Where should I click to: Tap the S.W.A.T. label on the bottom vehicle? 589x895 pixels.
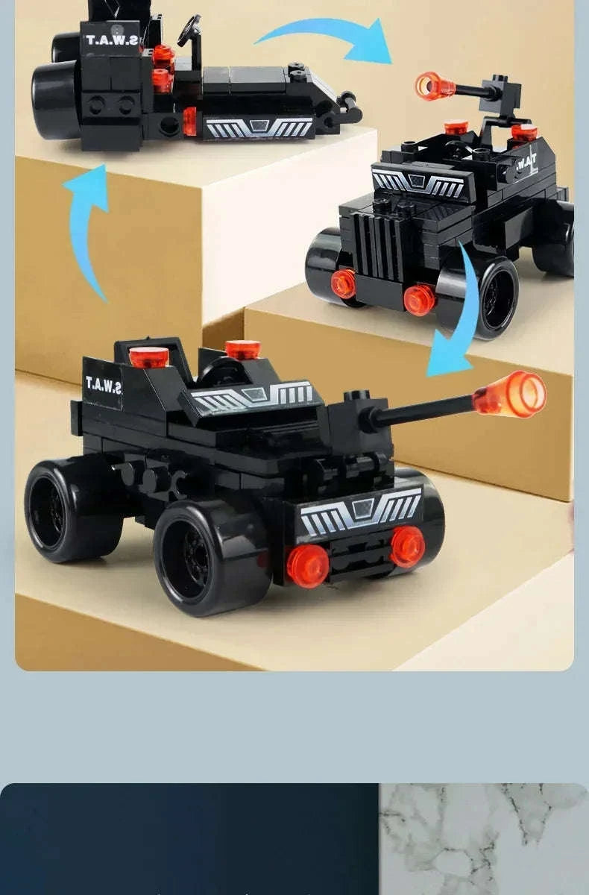pos(104,385)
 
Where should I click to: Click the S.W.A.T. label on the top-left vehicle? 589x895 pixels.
pos(112,39)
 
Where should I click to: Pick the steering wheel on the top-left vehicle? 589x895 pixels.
pos(189,30)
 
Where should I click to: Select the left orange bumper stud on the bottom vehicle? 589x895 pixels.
pos(308,565)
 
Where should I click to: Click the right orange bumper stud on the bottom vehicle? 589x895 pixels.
pos(407,545)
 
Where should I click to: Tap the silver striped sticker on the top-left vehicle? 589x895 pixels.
pos(258,128)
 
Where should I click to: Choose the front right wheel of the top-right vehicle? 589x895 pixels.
pos(488,295)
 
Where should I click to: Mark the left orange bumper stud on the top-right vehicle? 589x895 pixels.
pos(344,283)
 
